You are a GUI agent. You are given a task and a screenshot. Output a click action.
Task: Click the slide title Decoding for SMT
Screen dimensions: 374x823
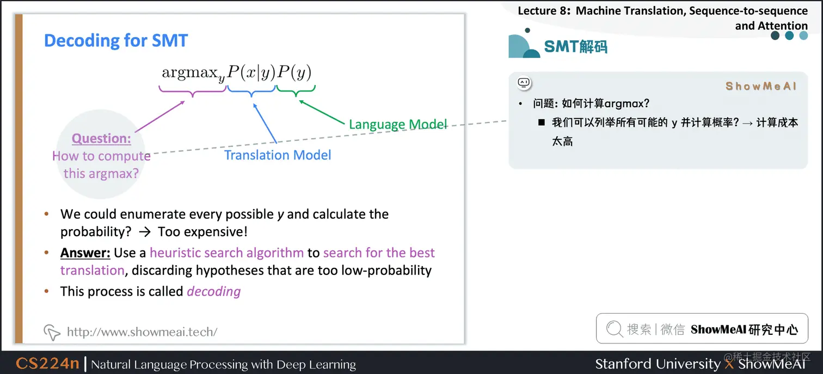click(115, 41)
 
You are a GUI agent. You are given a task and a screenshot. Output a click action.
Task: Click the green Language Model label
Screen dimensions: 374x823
click(398, 124)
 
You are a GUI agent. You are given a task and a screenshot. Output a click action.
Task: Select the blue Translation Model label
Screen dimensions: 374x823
click(278, 155)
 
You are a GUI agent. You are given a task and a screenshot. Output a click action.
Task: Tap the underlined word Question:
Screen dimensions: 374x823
click(101, 138)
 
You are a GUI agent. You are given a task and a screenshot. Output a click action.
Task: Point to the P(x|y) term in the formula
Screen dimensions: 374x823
click(251, 72)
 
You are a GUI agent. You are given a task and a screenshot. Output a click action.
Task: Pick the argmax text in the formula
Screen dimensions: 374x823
click(191, 73)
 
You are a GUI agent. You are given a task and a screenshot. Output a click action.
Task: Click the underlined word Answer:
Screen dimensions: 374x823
click(85, 253)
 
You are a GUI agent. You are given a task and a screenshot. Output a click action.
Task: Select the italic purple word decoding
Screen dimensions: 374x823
click(213, 291)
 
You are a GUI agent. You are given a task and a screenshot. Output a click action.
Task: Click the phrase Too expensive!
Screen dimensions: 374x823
click(202, 231)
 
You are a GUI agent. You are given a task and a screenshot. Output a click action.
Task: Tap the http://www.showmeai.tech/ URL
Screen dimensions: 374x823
click(142, 332)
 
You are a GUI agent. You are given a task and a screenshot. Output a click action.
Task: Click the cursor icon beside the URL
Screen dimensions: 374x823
click(52, 332)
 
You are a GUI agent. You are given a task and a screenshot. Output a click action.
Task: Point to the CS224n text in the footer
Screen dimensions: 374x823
click(47, 364)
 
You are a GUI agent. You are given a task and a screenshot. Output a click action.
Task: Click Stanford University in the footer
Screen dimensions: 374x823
click(657, 364)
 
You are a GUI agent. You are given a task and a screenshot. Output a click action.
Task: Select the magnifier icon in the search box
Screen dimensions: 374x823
click(614, 329)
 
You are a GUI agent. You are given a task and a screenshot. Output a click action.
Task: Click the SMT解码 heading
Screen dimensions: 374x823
click(575, 47)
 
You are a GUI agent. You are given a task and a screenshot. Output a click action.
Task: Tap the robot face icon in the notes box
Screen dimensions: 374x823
click(524, 83)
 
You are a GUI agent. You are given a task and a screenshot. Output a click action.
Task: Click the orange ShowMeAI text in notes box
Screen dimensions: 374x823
click(761, 86)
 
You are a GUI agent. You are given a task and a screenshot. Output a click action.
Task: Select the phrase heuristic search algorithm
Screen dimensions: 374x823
click(226, 253)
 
